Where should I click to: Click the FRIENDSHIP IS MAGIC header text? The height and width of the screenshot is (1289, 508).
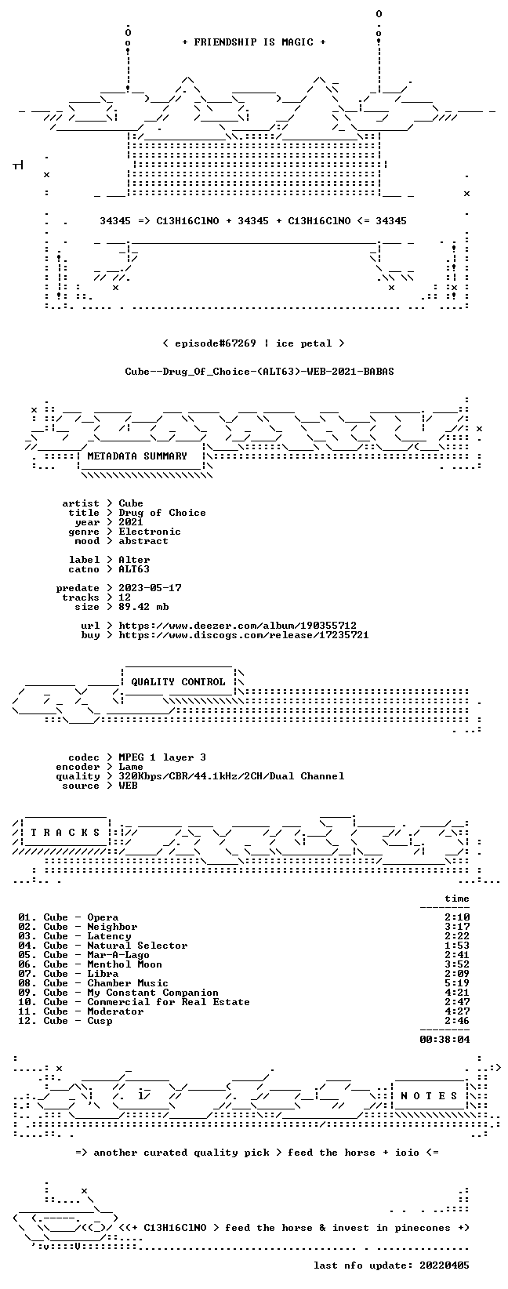click(x=254, y=42)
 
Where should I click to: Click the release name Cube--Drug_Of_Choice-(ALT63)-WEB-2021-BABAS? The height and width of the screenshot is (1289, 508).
click(x=259, y=372)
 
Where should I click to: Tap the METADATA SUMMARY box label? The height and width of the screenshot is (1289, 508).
click(x=137, y=456)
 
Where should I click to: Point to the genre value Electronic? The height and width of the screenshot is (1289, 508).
click(x=150, y=532)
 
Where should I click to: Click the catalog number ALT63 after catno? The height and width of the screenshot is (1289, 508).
click(x=134, y=569)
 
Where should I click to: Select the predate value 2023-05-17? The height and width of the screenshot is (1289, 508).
click(x=150, y=588)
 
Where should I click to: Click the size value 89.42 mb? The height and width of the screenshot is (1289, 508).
click(x=143, y=607)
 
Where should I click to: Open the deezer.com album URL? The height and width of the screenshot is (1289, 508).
click(x=238, y=626)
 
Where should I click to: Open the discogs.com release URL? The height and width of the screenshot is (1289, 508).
click(x=243, y=635)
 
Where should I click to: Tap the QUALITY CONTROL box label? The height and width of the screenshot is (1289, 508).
click(x=178, y=682)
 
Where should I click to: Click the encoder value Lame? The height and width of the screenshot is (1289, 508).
click(x=131, y=767)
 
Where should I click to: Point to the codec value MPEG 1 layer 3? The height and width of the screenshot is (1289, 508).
click(x=162, y=758)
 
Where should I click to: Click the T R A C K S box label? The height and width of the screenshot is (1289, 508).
click(x=65, y=833)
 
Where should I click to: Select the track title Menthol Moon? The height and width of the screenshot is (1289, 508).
click(x=125, y=964)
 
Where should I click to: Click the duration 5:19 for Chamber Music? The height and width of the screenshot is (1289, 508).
click(x=457, y=983)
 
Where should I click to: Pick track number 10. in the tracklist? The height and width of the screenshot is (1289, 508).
click(x=27, y=1003)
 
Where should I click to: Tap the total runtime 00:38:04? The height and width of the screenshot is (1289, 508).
click(x=444, y=1040)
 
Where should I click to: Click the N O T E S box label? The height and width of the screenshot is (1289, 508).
click(x=429, y=1096)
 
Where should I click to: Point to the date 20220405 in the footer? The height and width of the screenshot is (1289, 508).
click(x=444, y=1265)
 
